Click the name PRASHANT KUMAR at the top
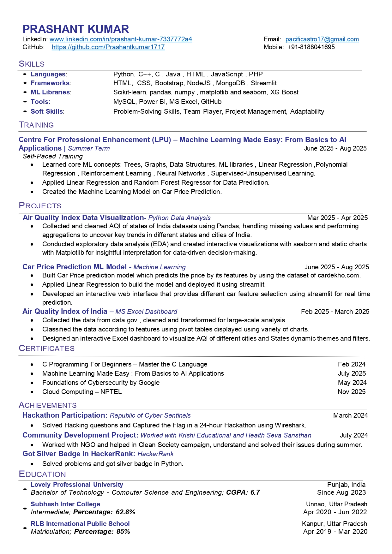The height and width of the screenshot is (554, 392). [x=75, y=29]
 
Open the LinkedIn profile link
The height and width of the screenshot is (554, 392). [x=121, y=39]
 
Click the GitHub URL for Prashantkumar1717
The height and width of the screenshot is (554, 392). [x=108, y=47]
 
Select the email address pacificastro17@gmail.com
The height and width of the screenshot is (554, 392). [x=322, y=39]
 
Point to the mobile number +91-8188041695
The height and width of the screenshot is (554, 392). [x=311, y=47]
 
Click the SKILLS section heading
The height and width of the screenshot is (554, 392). [x=32, y=64]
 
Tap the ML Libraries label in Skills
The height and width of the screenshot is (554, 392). [x=50, y=92]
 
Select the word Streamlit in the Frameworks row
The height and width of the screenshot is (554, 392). [x=263, y=83]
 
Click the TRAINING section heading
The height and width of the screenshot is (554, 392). [x=36, y=125]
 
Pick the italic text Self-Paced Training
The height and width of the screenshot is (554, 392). [x=53, y=156]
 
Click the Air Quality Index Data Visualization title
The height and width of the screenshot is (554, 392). [x=83, y=217]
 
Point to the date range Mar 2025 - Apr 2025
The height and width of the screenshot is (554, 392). [x=337, y=218]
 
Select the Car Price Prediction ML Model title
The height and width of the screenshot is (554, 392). [x=75, y=267]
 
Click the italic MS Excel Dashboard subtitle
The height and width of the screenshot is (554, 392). [x=146, y=312]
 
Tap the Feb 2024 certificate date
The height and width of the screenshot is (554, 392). [x=352, y=364]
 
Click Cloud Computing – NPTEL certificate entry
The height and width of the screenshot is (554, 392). [x=82, y=392]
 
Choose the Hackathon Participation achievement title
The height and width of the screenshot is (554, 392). [x=65, y=415]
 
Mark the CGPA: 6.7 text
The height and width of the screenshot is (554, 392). [x=243, y=492]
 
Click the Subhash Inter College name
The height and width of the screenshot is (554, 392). [x=65, y=504]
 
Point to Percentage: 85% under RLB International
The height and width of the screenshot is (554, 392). [x=102, y=532]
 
